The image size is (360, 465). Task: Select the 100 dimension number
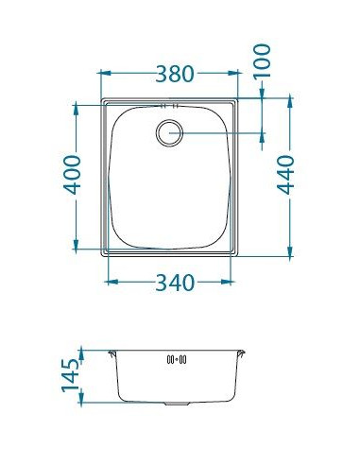pos(263,63)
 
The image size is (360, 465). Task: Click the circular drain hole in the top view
pos(170,132)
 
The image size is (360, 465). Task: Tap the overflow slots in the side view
pos(178,359)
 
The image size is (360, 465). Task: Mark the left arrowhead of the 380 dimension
pos(104,72)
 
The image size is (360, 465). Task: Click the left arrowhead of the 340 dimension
pos(113,281)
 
